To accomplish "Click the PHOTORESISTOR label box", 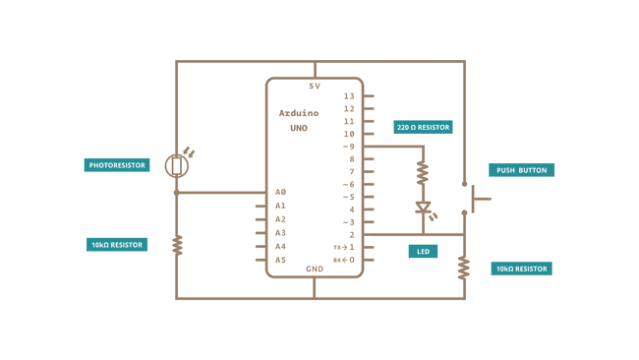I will pos(117,165).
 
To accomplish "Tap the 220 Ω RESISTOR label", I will pos(424,127).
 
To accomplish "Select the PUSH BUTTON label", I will pos(521,170).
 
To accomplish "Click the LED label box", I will pos(424,252).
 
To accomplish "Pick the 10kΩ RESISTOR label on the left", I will pos(117,244).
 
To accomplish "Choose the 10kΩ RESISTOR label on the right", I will pos(521,269).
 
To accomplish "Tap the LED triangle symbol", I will pos(424,208).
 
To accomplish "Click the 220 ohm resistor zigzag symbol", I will pos(424,174).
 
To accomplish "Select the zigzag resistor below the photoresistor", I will pos(177,244).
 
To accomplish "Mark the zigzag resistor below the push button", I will pos(464,268).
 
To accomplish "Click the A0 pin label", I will pos(280,192).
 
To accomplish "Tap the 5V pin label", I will pos(315,87).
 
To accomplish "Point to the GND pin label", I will pos(315,269).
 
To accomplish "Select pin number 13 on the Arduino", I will pos(349,96).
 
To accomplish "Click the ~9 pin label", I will pos(348,147).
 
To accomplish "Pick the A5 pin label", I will pos(280,260).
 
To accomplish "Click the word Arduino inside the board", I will pos(299,113).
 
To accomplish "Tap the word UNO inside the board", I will pos(299,128).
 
